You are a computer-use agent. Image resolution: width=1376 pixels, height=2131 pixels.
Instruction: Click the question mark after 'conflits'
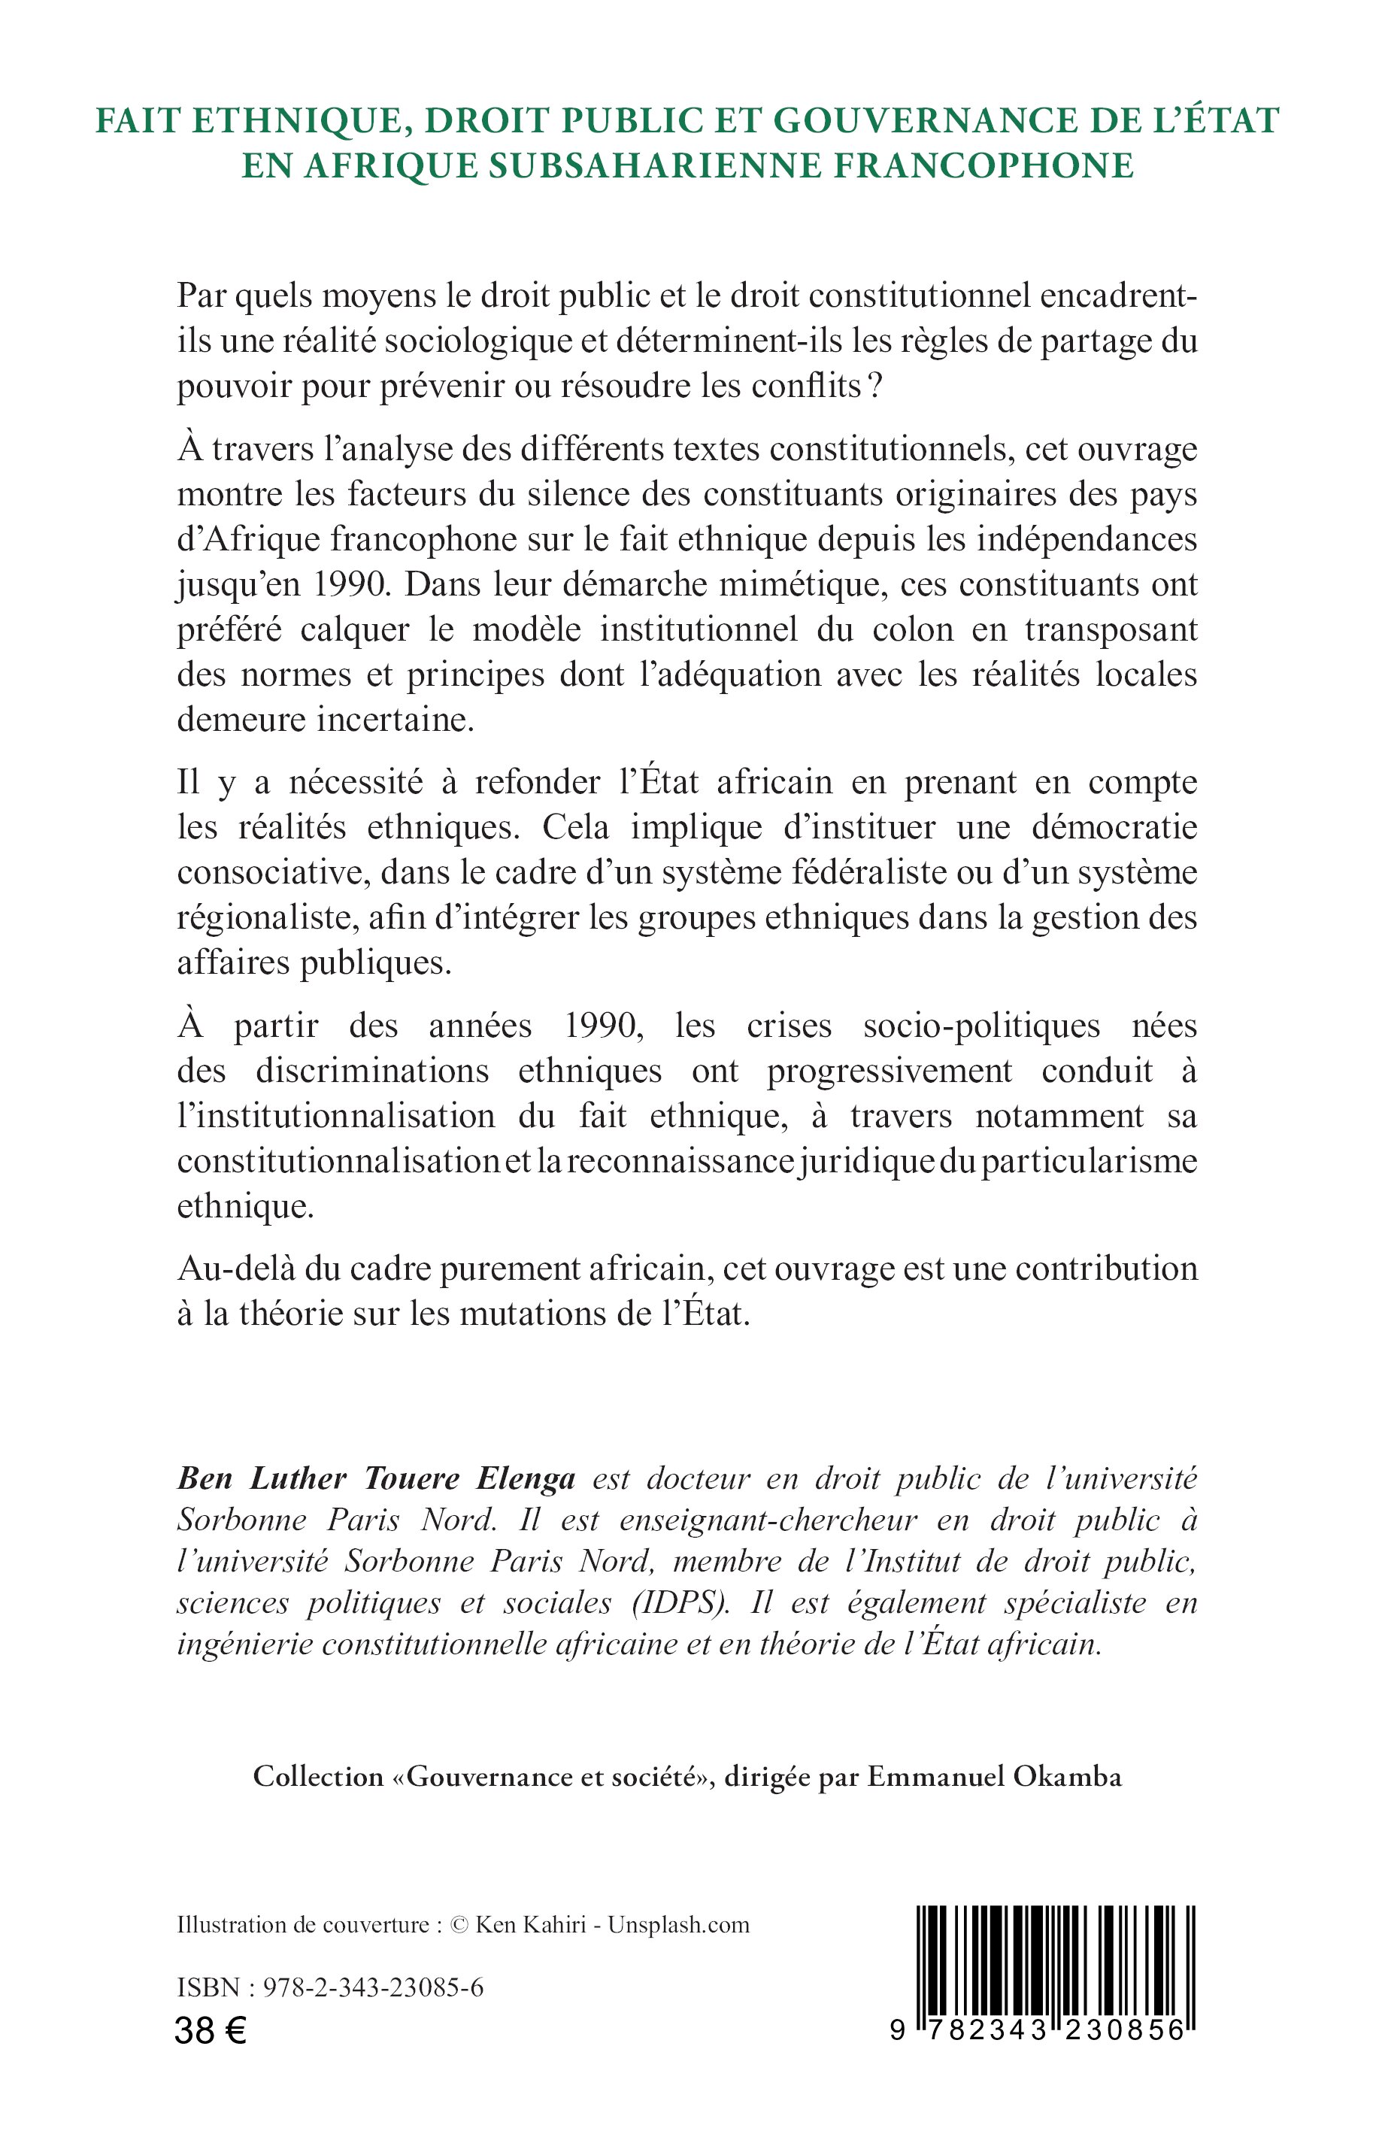pyautogui.click(x=873, y=388)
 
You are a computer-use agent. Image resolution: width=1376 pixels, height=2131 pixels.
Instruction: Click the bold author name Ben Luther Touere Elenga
pyautogui.click(x=376, y=1479)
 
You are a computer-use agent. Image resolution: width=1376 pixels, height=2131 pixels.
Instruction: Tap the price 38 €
pyautogui.click(x=211, y=2032)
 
